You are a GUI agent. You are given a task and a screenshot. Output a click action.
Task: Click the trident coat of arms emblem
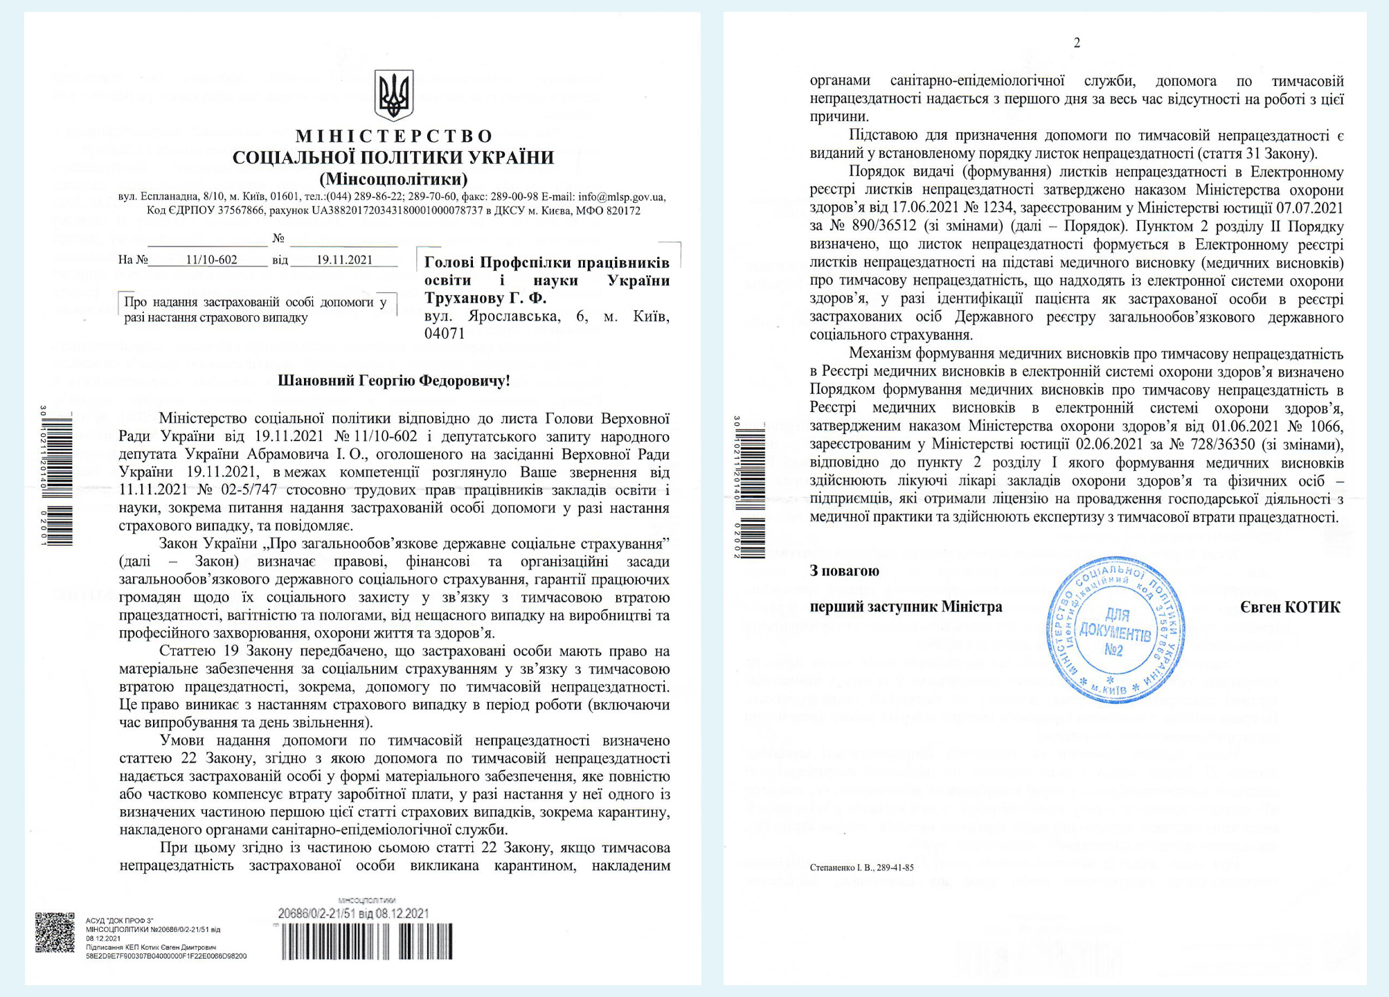393,95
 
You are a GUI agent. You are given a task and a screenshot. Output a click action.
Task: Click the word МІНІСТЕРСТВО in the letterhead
394,136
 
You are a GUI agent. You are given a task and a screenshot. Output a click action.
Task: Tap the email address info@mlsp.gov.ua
621,197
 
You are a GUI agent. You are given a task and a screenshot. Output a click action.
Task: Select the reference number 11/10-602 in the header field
211,260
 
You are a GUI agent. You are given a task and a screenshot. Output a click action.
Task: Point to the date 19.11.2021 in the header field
344,260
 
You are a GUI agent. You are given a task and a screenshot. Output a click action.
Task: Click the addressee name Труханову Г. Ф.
485,298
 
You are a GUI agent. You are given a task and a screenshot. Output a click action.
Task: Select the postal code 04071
445,334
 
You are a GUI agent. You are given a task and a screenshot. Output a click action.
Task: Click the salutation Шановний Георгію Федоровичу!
393,381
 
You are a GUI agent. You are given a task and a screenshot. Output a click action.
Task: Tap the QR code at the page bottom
55,932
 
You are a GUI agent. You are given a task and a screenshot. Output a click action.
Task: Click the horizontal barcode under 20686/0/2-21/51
367,942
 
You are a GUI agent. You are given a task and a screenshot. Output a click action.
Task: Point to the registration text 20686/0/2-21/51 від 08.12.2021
353,914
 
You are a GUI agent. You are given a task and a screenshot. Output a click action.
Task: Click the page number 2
1077,43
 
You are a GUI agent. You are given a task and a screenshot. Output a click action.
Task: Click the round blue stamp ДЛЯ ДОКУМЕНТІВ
1115,630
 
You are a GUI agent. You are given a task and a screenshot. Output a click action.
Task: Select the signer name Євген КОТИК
1290,607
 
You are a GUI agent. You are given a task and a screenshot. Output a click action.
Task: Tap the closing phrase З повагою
844,571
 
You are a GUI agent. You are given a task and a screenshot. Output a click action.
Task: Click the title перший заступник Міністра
906,607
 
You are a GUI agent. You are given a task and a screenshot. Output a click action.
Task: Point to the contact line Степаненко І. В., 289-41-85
861,868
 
